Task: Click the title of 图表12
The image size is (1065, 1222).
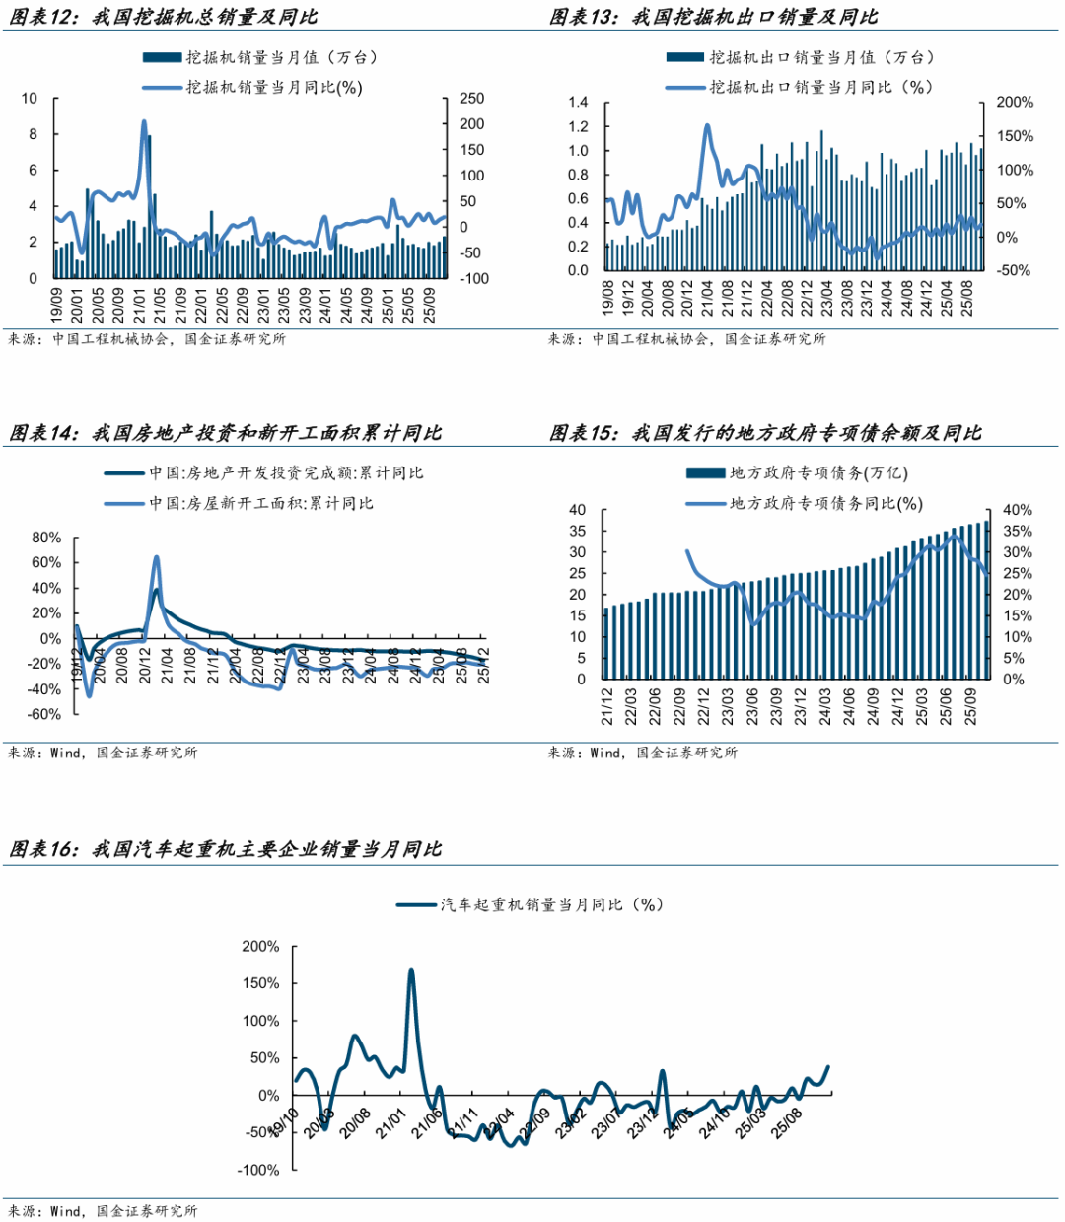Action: (164, 17)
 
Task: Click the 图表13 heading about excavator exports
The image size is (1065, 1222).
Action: (713, 17)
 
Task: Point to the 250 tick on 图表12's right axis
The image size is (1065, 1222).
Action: (471, 99)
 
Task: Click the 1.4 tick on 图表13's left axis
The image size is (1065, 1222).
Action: (578, 103)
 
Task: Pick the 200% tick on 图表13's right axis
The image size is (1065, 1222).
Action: (1015, 103)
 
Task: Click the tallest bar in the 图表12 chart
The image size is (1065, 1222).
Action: (148, 207)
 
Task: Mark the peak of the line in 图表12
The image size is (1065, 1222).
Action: (144, 121)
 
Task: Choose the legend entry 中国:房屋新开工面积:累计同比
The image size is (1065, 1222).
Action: (261, 504)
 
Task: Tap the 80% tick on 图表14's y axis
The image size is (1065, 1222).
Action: (46, 539)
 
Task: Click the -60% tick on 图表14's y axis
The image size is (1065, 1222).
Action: (44, 714)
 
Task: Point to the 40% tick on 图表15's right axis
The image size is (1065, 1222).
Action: (1018, 511)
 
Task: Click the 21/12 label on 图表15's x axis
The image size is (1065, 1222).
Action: (608, 707)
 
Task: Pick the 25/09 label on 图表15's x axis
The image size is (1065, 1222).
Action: (971, 707)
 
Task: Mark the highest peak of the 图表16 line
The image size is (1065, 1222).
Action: (411, 970)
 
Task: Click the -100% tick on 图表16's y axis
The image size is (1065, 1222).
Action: (259, 1170)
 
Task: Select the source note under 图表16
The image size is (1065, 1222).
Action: (104, 1210)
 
